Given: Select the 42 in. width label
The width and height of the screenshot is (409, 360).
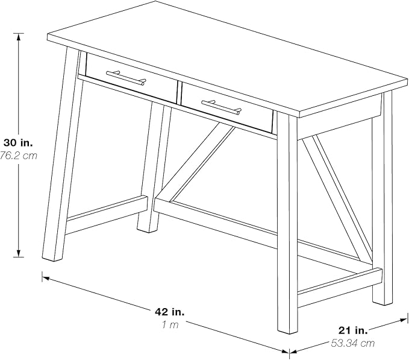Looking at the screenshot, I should (170, 312).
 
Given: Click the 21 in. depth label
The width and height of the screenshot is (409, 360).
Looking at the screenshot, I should (353, 330).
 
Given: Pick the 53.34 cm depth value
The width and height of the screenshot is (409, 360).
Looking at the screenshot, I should (353, 343).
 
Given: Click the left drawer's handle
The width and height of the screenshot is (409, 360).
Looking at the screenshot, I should (126, 78).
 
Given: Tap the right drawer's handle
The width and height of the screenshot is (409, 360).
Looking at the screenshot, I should (221, 107).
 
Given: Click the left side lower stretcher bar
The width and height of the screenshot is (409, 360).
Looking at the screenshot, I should (105, 213).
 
